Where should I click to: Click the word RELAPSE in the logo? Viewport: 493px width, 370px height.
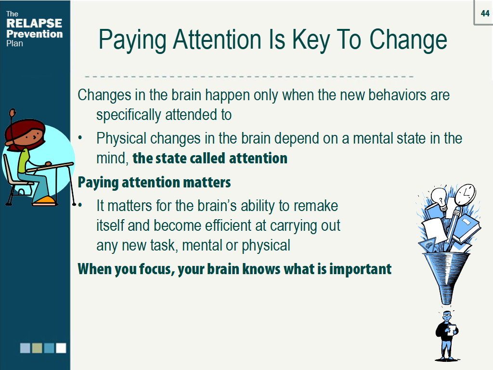(x=34, y=23)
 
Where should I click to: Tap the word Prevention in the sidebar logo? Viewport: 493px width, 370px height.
(x=35, y=34)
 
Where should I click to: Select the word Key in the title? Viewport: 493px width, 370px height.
(x=311, y=40)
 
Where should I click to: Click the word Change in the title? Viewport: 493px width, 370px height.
(x=408, y=40)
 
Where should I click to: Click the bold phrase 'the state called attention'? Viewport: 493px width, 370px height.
(x=210, y=158)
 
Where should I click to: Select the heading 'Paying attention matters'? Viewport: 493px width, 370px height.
(x=154, y=182)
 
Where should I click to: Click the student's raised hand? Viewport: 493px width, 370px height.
(x=12, y=112)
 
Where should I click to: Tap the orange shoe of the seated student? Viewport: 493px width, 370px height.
(x=45, y=200)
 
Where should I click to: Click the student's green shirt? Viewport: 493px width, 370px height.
(x=24, y=161)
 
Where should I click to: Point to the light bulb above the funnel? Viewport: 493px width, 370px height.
(x=439, y=198)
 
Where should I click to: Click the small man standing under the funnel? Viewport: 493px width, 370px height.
(x=446, y=335)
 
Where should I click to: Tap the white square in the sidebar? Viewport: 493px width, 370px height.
(x=61, y=348)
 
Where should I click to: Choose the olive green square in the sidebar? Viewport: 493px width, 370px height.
(x=37, y=348)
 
